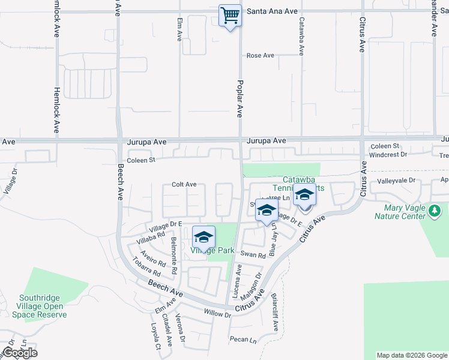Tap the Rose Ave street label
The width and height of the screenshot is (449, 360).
click(261, 56)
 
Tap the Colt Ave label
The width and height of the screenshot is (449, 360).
click(184, 185)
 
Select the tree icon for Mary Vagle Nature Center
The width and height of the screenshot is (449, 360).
click(436, 211)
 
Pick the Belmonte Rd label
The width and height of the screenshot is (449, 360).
click(174, 256)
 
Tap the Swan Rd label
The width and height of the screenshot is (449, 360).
click(253, 255)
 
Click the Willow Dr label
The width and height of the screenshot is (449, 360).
click(217, 313)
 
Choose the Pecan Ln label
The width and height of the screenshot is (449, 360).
click(243, 340)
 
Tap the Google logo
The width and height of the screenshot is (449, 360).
click(20, 353)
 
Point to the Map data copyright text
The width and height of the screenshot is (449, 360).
click(412, 355)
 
